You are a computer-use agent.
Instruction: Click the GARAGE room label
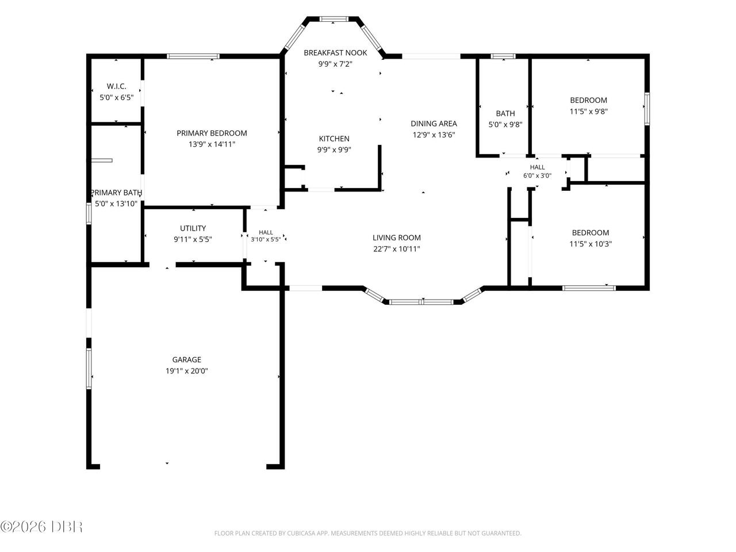coord(186,359)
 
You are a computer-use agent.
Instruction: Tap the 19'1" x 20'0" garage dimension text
coord(187,371)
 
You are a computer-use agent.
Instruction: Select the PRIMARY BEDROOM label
coord(212,133)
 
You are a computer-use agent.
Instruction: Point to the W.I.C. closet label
coord(116,86)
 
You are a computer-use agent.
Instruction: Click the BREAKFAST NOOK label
coord(335,53)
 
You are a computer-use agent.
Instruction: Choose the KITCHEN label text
coord(334,139)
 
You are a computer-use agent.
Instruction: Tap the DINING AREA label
coord(434,124)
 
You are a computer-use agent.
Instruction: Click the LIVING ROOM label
coord(397,237)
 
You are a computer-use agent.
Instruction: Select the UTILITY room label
coord(193,228)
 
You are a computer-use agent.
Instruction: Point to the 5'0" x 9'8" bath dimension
coord(505,125)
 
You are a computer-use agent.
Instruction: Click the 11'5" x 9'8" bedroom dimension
coord(588,112)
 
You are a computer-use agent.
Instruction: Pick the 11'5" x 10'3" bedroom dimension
coord(591,244)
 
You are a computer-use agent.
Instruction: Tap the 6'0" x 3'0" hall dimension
coord(537,175)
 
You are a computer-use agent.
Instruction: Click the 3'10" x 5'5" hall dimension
coord(266,239)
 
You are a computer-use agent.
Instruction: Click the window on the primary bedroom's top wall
coord(193,56)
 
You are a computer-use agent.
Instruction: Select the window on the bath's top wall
coord(503,56)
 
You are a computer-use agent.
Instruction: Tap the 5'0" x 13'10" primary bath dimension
coord(116,204)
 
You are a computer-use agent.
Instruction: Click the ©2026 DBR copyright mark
coord(41,527)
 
